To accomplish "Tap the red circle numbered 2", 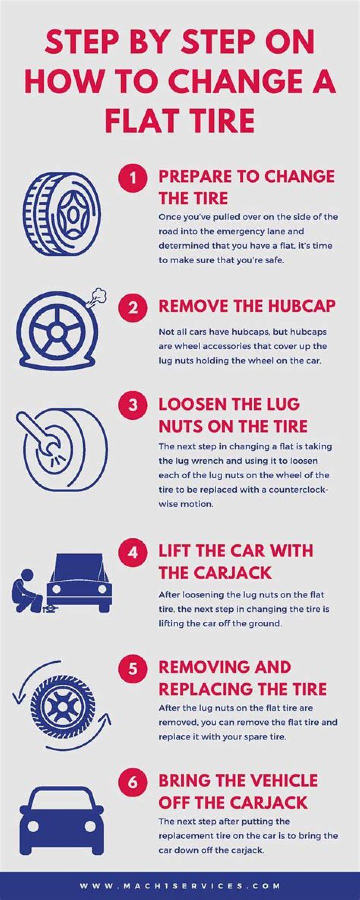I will (x=133, y=307).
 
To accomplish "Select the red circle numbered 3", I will (x=133, y=404).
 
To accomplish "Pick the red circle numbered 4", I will (x=133, y=552).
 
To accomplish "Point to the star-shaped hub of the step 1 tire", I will (x=74, y=215).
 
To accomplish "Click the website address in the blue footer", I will (x=180, y=886).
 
